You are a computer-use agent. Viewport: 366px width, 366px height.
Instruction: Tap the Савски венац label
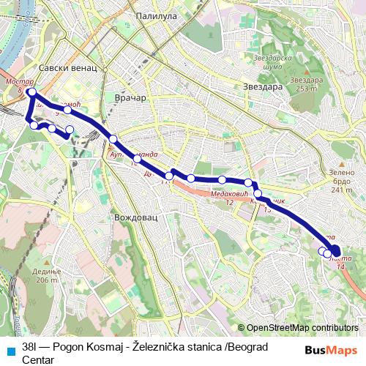[67, 68]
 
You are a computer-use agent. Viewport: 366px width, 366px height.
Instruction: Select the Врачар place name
[131, 97]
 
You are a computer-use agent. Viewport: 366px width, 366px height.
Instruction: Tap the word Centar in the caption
[38, 359]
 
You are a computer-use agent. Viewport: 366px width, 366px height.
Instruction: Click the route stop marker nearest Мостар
[31, 92]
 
